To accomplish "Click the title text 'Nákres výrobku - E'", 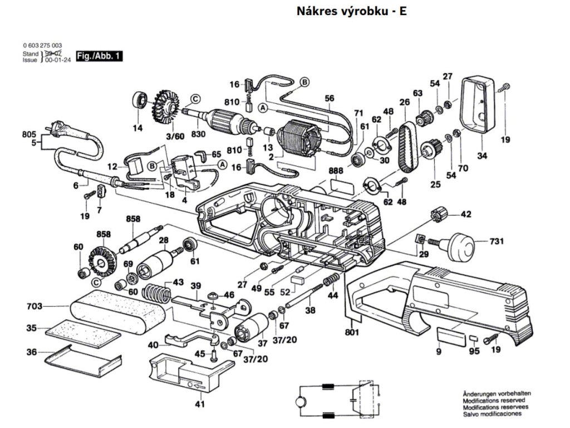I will pos(351,12).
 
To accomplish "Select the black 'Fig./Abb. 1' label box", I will pos(99,56).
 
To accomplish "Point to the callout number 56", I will pos(330,99).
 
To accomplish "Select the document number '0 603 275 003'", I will pos(42,45).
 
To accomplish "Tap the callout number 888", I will pos(335,170).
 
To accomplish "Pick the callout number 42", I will pos(465,213).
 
